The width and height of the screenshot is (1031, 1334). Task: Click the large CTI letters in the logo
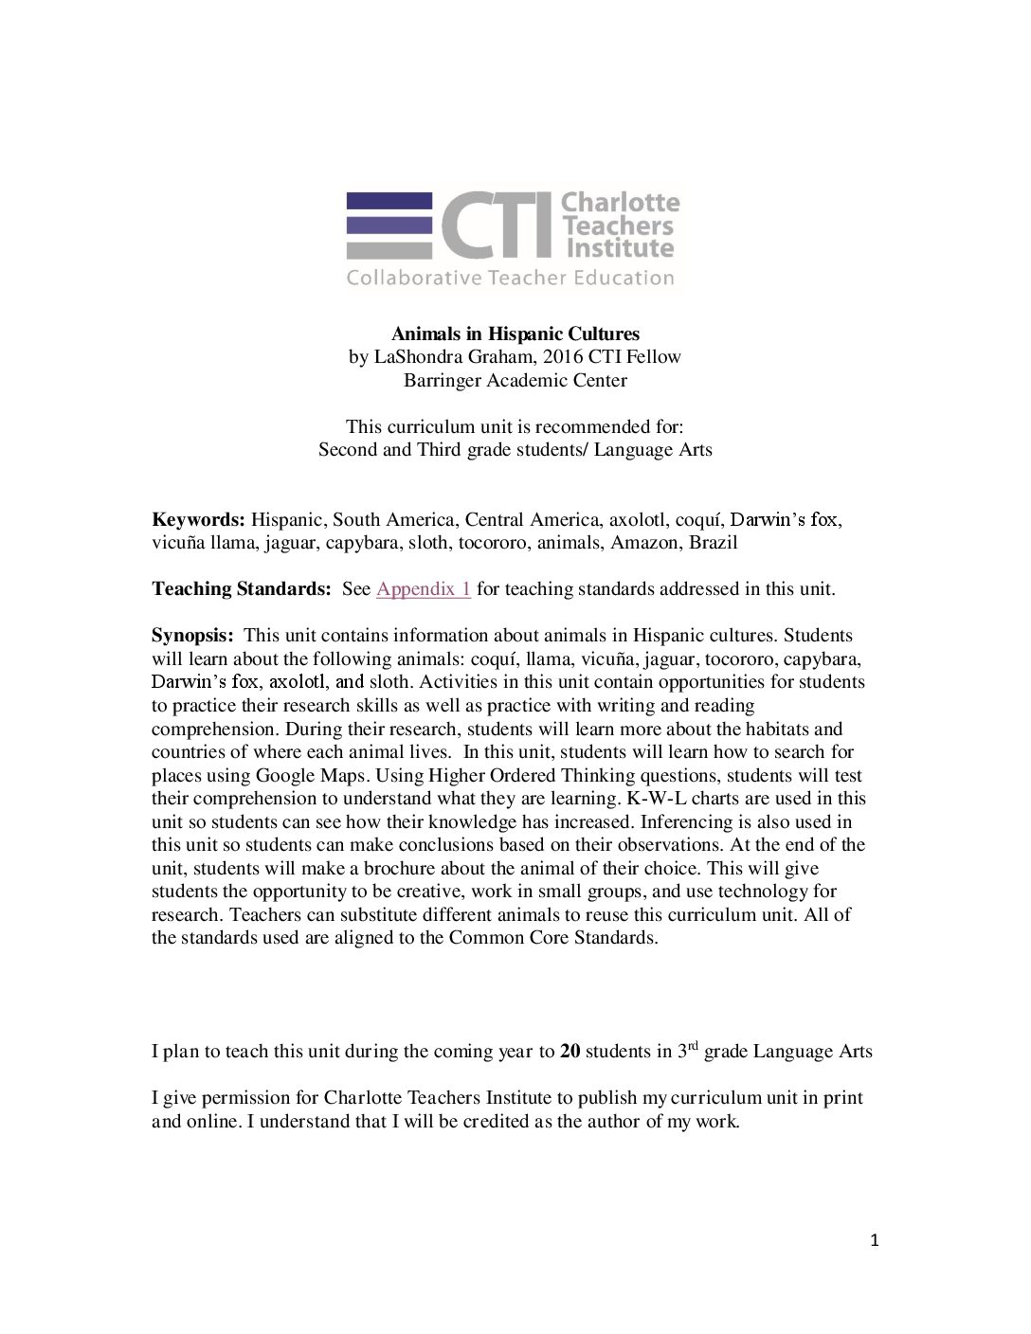point(497,225)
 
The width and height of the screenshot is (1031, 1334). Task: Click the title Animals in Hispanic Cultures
point(515,333)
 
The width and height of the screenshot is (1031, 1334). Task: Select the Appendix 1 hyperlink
point(423,588)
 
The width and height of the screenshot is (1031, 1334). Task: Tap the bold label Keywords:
point(198,519)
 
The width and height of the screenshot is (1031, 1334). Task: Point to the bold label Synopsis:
point(192,635)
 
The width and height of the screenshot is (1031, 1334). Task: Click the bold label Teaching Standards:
point(241,588)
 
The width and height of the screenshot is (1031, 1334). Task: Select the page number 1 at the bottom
point(874,1240)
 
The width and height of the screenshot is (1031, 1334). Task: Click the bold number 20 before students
point(570,1051)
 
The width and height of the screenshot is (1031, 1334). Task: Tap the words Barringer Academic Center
point(515,380)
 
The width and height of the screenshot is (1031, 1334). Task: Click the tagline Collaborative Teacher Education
point(510,278)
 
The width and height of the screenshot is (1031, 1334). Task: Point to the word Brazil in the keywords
point(713,543)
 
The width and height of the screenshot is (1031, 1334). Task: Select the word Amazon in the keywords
point(644,543)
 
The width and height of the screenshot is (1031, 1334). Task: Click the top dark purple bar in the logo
point(389,201)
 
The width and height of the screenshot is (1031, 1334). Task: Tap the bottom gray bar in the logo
point(389,250)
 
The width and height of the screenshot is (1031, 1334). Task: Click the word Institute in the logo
point(619,249)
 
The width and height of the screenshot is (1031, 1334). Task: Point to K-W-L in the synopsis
point(657,799)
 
